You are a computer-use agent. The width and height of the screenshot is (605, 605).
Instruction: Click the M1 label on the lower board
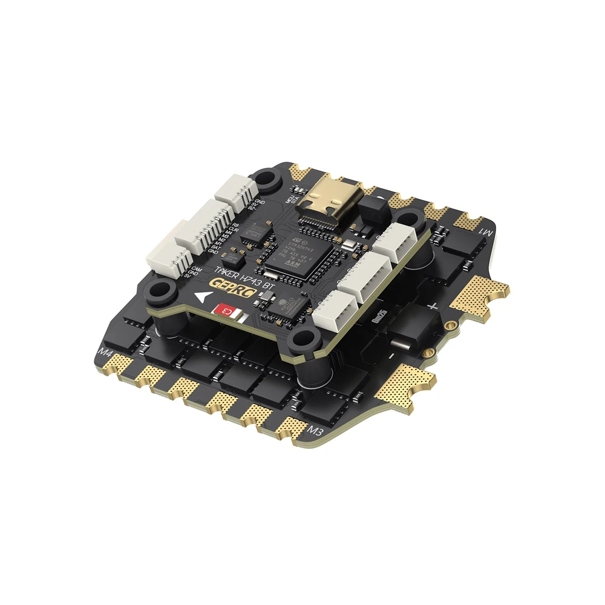tap(487, 233)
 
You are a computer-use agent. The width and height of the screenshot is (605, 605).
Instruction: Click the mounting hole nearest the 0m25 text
tap(302, 342)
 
